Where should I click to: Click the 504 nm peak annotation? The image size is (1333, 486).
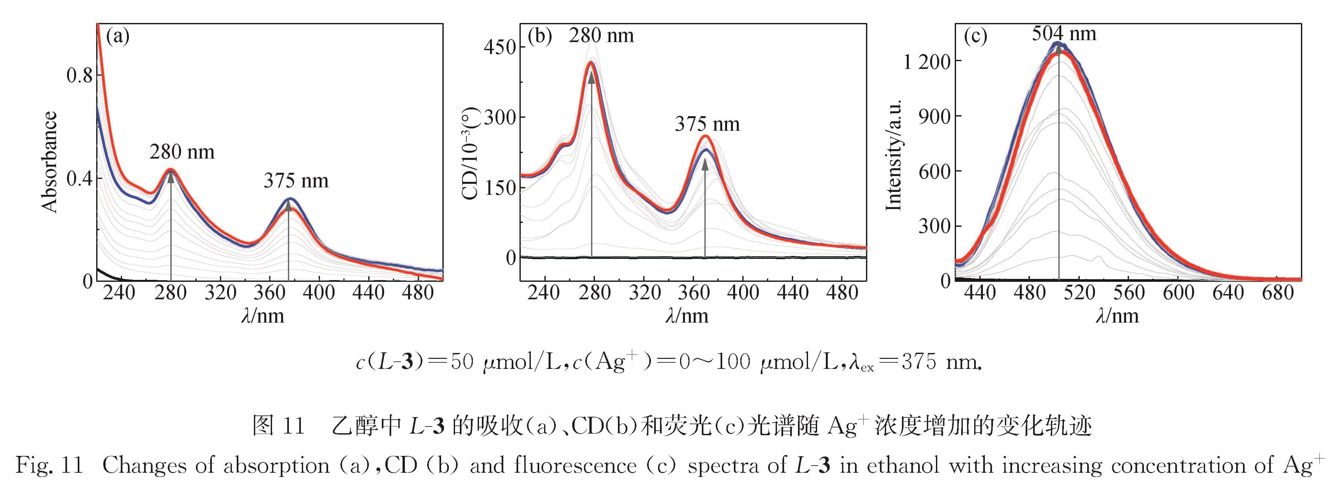pyautogui.click(x=1064, y=34)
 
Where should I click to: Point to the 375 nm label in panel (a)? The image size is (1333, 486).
pyautogui.click(x=296, y=181)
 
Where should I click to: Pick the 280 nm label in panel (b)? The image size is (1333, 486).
pyautogui.click(x=601, y=35)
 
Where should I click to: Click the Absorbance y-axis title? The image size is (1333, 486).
pyautogui.click(x=50, y=162)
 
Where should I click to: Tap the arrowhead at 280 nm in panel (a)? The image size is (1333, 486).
pyautogui.click(x=171, y=175)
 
